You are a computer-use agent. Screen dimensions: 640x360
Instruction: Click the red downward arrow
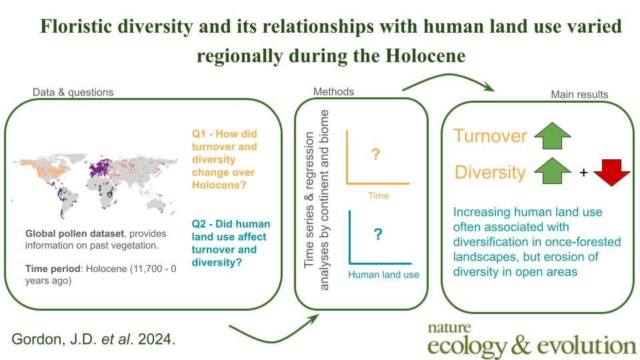tap(612, 172)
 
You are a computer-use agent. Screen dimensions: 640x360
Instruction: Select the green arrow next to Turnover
tap(552, 136)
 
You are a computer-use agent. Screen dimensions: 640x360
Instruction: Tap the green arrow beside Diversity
tap(552, 171)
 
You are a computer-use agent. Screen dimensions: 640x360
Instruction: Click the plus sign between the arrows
tap(584, 173)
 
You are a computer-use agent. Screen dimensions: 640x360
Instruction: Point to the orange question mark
tap(375, 154)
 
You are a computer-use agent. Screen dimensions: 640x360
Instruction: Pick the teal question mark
tap(378, 234)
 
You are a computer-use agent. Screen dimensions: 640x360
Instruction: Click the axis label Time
tap(379, 196)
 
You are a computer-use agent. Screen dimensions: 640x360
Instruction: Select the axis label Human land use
tap(384, 275)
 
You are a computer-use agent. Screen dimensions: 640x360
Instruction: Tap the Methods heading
tap(333, 91)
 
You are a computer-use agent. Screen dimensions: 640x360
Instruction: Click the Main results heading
tap(579, 94)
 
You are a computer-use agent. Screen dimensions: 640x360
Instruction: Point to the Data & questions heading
tap(73, 92)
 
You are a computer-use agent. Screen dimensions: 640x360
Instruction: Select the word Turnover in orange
tap(490, 135)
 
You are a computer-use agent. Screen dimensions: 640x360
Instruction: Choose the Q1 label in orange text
tap(199, 134)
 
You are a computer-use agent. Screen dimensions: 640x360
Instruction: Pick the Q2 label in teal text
tap(199, 224)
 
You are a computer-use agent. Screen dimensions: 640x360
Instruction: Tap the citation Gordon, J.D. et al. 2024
tap(93, 339)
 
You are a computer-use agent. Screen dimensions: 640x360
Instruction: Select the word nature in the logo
tap(449, 328)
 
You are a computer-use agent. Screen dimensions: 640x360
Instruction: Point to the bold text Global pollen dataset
tap(75, 234)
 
